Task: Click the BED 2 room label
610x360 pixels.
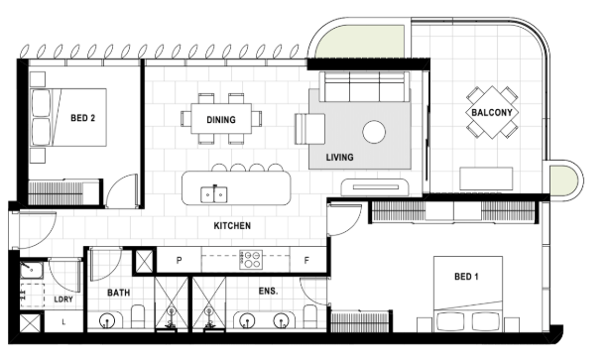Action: (x=82, y=118)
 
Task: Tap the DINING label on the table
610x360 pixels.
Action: (x=221, y=120)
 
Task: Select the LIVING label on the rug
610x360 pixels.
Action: (x=339, y=157)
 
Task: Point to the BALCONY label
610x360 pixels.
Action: (x=492, y=112)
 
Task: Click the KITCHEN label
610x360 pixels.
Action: (x=232, y=225)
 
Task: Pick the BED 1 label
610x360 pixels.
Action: (x=466, y=277)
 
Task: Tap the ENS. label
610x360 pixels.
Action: (x=269, y=291)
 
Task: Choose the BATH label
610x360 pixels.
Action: (x=119, y=293)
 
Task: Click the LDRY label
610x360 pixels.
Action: (x=63, y=300)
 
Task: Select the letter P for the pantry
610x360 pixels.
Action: (x=179, y=260)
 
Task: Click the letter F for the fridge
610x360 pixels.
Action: (x=306, y=260)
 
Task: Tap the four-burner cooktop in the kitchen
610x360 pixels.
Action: (x=251, y=260)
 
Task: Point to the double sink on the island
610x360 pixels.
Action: (x=214, y=194)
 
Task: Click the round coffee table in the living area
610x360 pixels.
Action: (x=374, y=132)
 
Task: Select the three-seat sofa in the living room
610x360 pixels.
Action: (x=365, y=86)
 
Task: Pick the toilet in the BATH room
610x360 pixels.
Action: (x=138, y=315)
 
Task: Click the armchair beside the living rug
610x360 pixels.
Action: (x=310, y=129)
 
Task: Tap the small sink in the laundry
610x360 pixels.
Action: (x=32, y=270)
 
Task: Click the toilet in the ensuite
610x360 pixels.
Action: (x=310, y=315)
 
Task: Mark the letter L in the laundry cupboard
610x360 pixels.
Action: (x=63, y=322)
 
